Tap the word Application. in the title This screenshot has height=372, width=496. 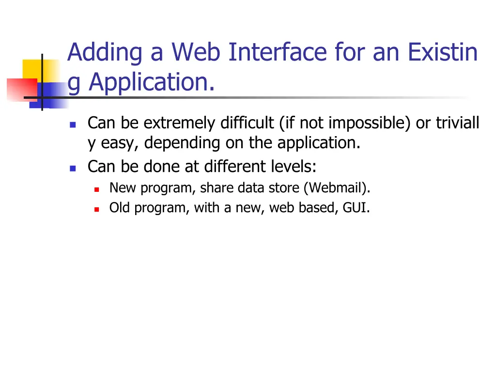(152, 82)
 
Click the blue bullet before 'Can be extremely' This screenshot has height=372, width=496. (73, 124)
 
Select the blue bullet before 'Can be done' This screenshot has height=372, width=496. (73, 168)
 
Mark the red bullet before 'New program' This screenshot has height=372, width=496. (96, 188)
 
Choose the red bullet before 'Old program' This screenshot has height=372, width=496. (96, 209)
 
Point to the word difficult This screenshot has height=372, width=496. (247, 124)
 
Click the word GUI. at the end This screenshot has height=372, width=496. (356, 208)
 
